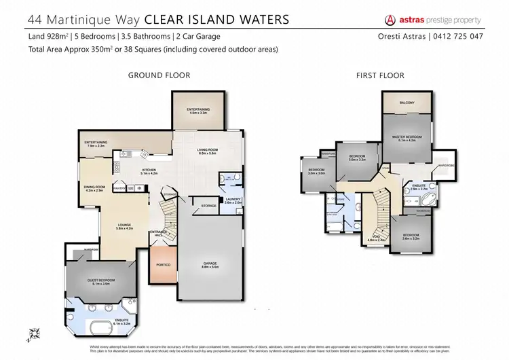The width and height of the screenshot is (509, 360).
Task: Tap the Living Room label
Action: pyautogui.click(x=206, y=150)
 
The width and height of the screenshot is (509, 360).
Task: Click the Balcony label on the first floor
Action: pyautogui.click(x=407, y=103)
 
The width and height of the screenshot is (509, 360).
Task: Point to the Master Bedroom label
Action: pyautogui.click(x=407, y=137)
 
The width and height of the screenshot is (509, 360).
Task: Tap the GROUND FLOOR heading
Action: pyautogui.click(x=159, y=75)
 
